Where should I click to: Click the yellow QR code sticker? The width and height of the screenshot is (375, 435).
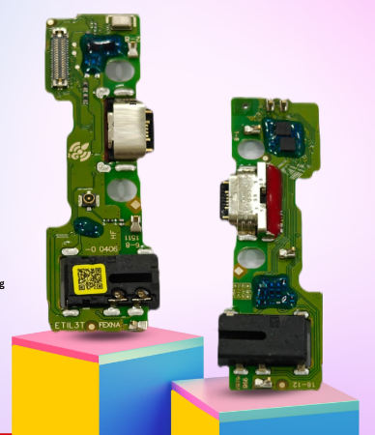(x=89, y=279)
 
